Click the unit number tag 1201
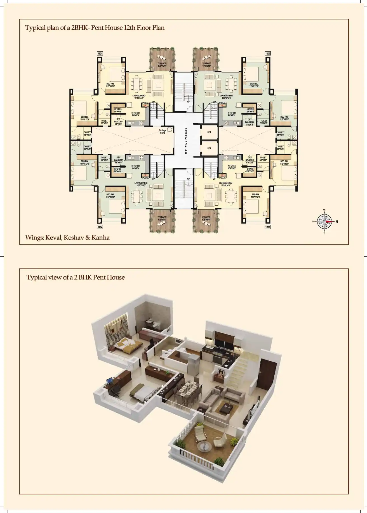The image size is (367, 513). pyautogui.click(x=100, y=53)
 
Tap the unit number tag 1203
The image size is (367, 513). pyautogui.click(x=268, y=227)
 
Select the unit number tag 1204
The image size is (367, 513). pyautogui.click(x=100, y=227)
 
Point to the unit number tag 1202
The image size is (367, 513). pyautogui.click(x=268, y=53)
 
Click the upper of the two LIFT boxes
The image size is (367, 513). pyautogui.click(x=209, y=132)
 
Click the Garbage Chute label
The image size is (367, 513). pyautogui.click(x=163, y=131)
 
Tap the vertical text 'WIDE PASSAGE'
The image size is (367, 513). pyautogui.click(x=186, y=140)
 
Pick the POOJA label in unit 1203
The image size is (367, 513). pyautogui.click(x=222, y=178)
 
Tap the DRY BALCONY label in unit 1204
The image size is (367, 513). pyautogui.click(x=118, y=160)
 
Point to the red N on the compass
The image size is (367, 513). pyautogui.click(x=337, y=222)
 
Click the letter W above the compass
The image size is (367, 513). pyautogui.click(x=324, y=210)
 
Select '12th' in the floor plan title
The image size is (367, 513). pyautogui.click(x=130, y=28)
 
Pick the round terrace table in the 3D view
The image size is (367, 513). pyautogui.click(x=204, y=446)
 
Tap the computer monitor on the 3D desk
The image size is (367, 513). pyautogui.click(x=110, y=381)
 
